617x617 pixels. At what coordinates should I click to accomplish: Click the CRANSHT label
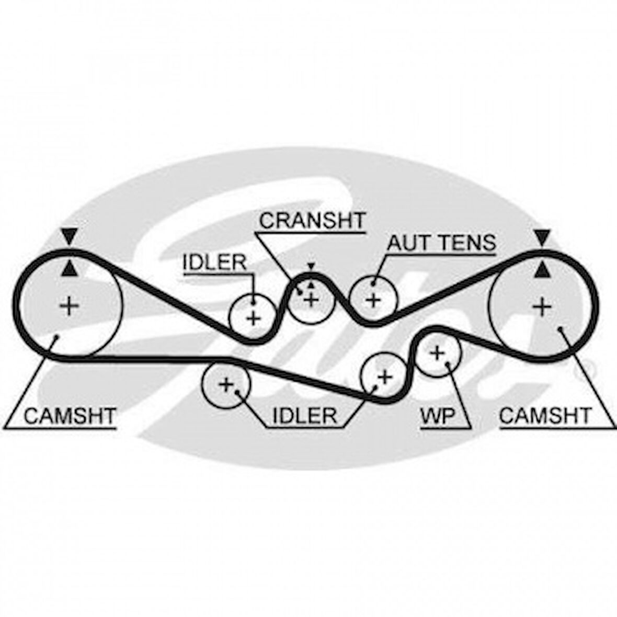(312, 221)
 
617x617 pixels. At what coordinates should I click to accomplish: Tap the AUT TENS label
(440, 243)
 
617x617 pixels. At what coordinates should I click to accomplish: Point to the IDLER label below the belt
(304, 416)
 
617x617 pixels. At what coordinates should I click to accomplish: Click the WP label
(438, 416)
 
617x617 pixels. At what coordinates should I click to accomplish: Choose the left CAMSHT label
(70, 416)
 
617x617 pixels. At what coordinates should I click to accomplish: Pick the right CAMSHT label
(545, 416)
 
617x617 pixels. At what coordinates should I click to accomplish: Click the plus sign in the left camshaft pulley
(68, 305)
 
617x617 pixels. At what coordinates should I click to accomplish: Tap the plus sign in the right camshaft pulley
(542, 306)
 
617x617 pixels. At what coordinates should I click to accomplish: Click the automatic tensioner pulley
(373, 300)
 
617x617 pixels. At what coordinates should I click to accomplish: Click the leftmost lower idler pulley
(226, 385)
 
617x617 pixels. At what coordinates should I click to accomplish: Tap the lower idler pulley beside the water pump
(384, 376)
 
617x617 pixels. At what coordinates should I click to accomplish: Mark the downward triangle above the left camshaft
(68, 237)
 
